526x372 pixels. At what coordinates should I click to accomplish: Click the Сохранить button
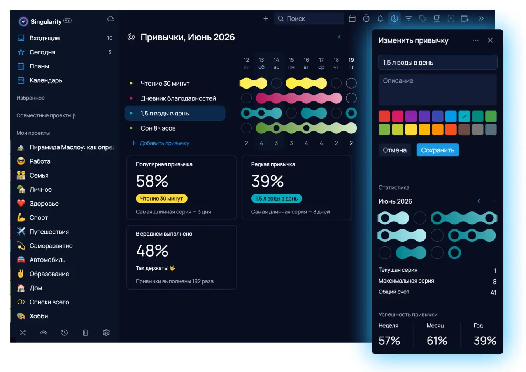(437, 150)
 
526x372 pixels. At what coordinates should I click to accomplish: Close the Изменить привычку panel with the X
(490, 40)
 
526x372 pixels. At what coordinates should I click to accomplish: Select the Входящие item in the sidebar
(45, 38)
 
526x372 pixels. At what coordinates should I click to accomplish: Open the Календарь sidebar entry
(46, 80)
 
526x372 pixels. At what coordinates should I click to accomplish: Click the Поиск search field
(309, 19)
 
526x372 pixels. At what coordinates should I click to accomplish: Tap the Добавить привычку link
(164, 143)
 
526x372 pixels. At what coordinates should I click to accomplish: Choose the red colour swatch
(384, 116)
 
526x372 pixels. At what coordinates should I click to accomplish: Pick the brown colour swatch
(464, 129)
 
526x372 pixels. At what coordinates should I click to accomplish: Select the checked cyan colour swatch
(464, 116)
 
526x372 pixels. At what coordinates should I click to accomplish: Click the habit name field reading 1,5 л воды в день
(437, 63)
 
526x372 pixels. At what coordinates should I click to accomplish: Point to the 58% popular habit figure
(152, 181)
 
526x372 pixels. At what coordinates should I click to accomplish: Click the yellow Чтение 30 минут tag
(161, 198)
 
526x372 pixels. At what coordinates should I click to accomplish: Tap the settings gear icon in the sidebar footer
(106, 333)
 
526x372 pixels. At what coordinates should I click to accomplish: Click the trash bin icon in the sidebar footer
(86, 333)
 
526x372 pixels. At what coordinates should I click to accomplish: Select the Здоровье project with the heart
(44, 203)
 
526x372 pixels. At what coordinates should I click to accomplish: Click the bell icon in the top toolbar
(380, 19)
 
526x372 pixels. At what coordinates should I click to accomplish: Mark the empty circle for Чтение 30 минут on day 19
(351, 83)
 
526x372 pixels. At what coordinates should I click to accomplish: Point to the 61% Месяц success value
(437, 341)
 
